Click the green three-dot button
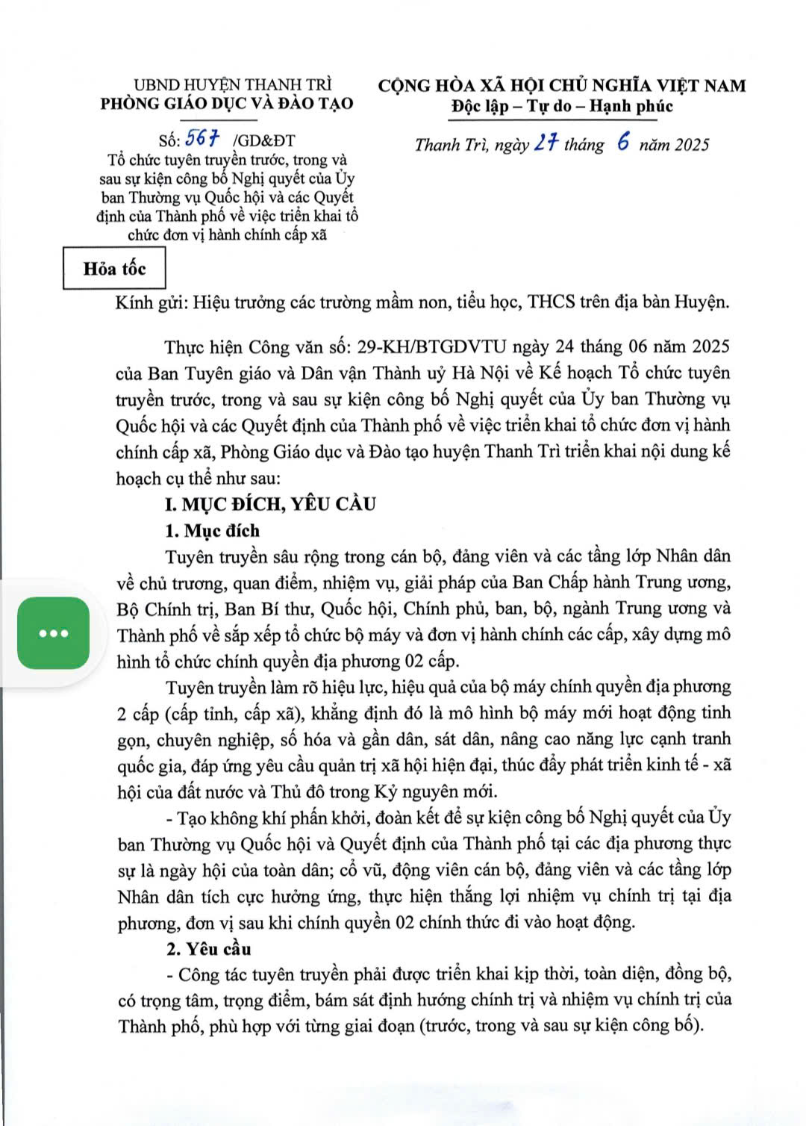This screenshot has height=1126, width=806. coord(54,633)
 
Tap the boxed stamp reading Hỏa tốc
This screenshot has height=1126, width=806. coord(114,269)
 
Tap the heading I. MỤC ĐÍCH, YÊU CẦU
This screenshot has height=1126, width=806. coord(270,504)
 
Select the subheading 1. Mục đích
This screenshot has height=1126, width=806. coord(212,531)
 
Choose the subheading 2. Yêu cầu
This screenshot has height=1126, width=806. coord(208,949)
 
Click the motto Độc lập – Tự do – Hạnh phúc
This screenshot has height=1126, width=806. coord(561,106)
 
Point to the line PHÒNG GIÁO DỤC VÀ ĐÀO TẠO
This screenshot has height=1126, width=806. coord(227,104)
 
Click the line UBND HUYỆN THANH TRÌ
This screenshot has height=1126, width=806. coord(232,85)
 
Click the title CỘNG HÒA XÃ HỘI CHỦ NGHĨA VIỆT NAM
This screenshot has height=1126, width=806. coord(561,86)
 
